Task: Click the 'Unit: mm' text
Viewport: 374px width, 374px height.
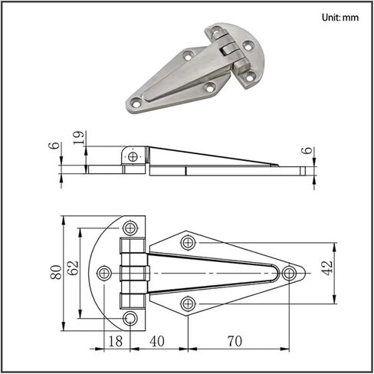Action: tap(340, 18)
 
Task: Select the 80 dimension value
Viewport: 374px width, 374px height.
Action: tap(56, 272)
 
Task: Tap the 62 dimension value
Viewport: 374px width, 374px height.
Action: tap(73, 267)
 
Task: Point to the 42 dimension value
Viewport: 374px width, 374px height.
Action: tap(327, 268)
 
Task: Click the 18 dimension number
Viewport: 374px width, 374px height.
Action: tap(116, 341)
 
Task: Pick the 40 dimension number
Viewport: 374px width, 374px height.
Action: tap(157, 341)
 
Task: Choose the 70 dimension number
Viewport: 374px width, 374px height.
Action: tap(235, 341)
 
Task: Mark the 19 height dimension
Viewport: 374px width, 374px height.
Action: tap(78, 138)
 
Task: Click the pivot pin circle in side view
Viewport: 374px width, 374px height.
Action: tap(133, 156)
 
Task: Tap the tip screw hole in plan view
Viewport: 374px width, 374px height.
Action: tap(289, 273)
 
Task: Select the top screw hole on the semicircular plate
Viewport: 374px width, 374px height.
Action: tap(130, 228)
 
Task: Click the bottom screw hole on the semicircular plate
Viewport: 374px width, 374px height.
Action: tap(130, 318)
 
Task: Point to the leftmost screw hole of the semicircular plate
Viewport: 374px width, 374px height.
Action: tap(104, 273)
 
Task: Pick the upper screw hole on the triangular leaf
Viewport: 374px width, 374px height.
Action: tap(188, 242)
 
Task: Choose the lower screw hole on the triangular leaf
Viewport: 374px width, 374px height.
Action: tap(188, 303)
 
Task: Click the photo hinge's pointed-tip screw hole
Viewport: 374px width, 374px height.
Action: tap(136, 103)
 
